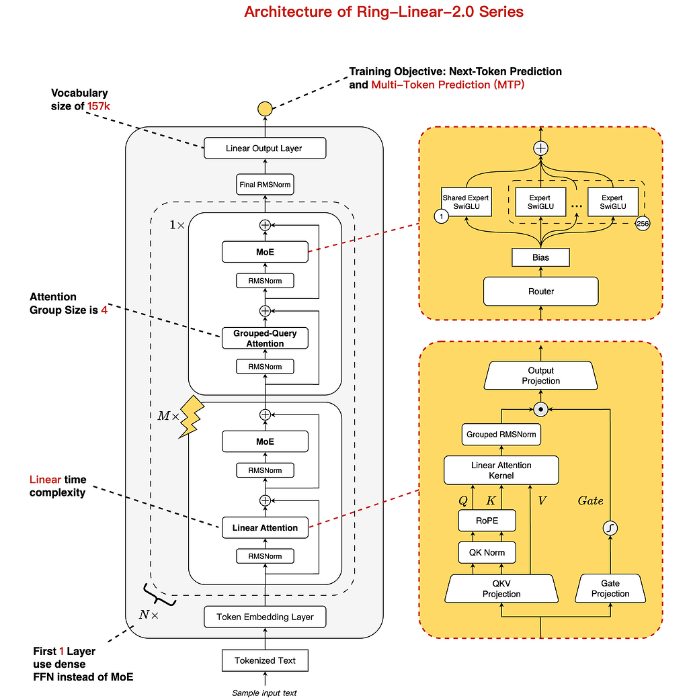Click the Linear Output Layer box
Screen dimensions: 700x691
click(265, 148)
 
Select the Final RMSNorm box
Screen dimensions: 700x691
click(265, 183)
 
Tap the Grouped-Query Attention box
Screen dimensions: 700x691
click(265, 339)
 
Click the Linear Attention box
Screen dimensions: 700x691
click(265, 528)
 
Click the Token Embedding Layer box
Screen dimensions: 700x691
click(265, 617)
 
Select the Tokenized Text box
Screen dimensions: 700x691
click(265, 660)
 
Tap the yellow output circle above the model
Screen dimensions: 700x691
click(265, 108)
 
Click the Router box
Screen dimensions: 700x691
click(540, 292)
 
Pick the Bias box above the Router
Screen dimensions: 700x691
click(540, 257)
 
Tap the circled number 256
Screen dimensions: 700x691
click(642, 224)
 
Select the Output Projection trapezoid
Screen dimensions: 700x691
click(540, 376)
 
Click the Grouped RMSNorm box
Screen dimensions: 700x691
click(501, 435)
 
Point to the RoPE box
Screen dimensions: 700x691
click(487, 520)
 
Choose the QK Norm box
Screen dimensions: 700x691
click(487, 553)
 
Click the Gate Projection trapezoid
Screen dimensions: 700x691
click(610, 588)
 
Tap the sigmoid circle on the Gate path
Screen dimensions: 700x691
click(610, 529)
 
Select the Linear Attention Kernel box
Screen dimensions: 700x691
click(501, 470)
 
